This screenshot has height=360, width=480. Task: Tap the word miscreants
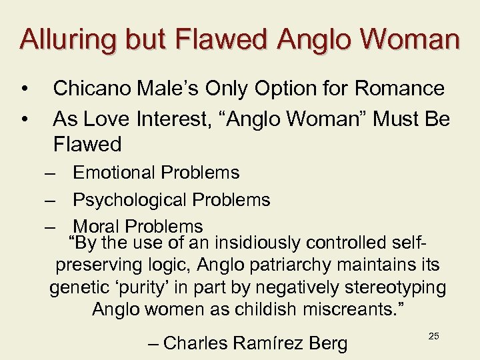click(351, 310)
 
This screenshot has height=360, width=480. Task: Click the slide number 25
click(433, 336)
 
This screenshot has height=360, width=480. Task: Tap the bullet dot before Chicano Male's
click(24, 89)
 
